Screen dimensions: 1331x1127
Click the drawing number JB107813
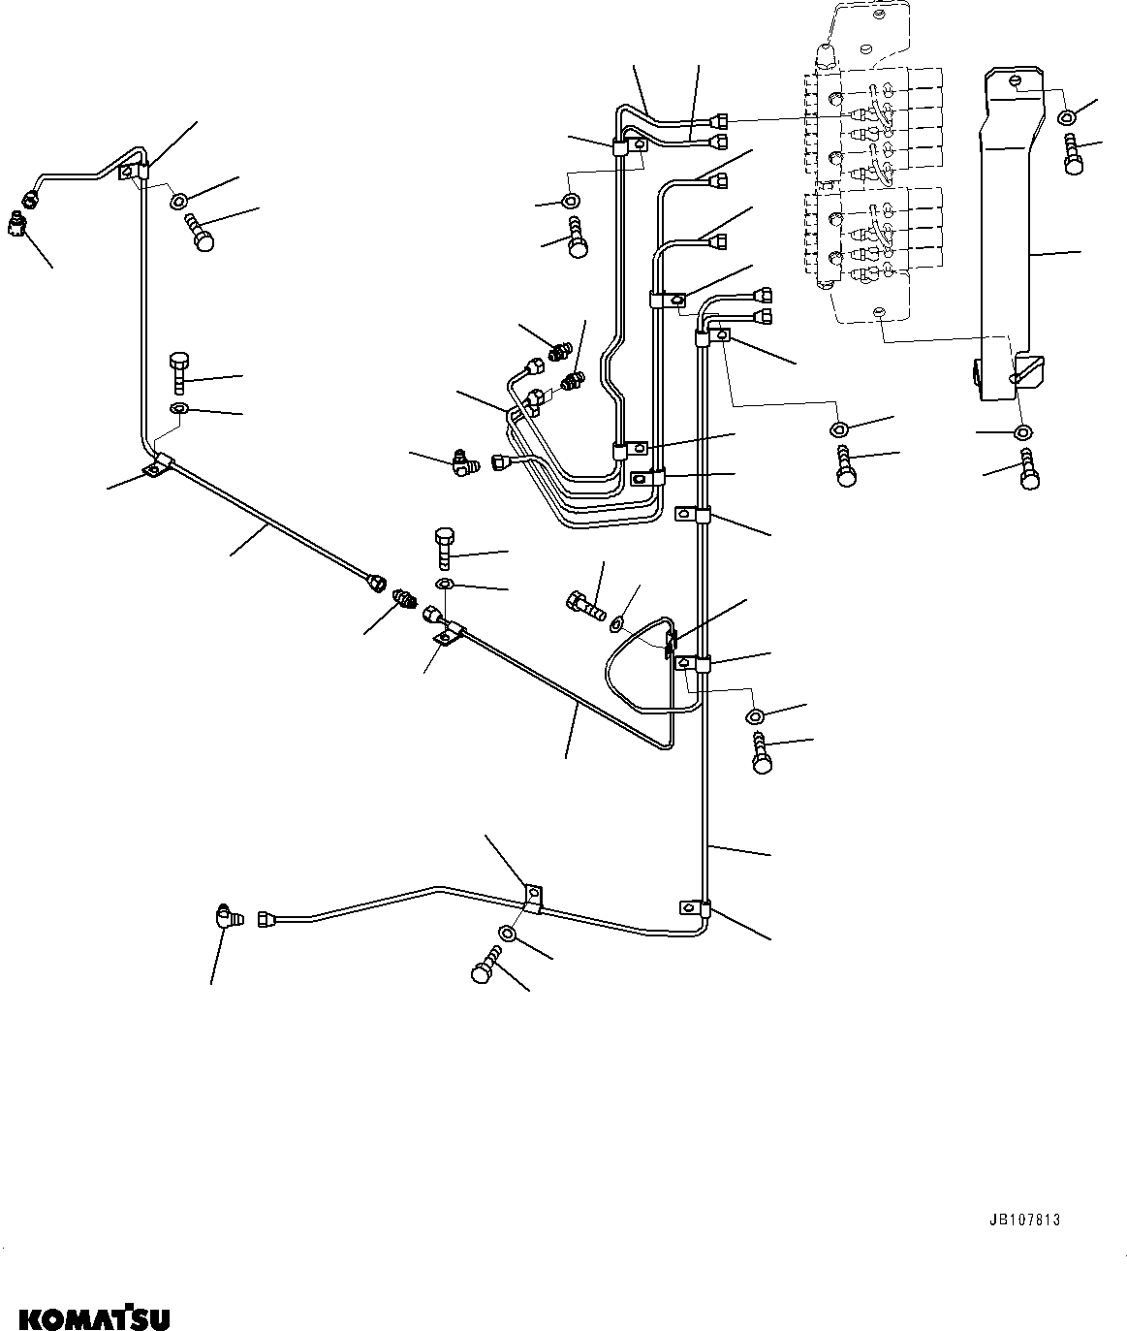point(1025,1220)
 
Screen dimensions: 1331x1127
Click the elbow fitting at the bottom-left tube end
point(224,916)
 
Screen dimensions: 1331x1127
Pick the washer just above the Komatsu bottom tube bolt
point(508,934)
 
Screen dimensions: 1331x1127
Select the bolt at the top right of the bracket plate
point(1073,155)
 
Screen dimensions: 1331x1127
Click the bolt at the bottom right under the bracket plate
point(1030,472)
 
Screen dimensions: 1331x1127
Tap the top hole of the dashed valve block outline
point(878,16)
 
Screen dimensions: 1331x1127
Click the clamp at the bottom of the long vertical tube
point(694,909)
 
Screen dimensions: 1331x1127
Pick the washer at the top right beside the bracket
point(1066,117)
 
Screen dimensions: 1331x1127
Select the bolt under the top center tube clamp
point(577,238)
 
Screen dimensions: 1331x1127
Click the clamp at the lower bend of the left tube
point(157,466)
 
